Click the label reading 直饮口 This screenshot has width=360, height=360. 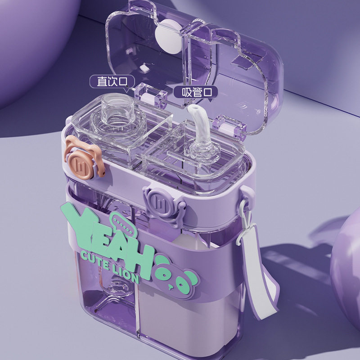click(x=112, y=81)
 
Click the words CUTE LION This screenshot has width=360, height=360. click(x=110, y=267)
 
